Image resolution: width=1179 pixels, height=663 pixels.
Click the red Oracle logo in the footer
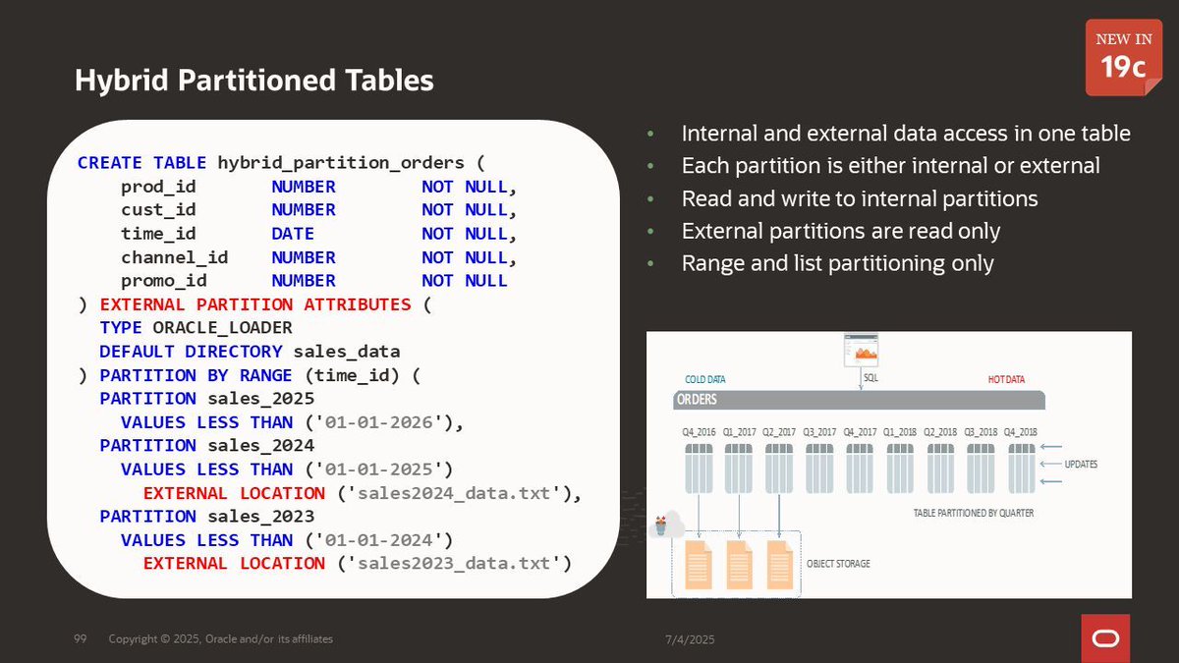tap(1105, 637)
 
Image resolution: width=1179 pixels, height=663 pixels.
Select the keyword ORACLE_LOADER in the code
tap(222, 328)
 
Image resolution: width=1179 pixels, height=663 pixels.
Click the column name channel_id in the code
tap(174, 257)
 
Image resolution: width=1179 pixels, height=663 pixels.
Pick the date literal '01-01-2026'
tap(381, 422)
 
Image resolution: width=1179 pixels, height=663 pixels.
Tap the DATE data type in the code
tap(293, 234)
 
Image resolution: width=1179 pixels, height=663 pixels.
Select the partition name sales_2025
tap(260, 399)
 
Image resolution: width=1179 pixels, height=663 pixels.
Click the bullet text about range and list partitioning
tap(837, 263)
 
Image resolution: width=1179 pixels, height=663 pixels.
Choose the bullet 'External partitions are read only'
tap(840, 231)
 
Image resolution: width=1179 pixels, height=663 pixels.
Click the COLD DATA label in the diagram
tap(704, 380)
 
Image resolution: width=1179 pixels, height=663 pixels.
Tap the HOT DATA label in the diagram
tap(1006, 380)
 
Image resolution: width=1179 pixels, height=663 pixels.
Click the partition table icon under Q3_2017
tap(819, 468)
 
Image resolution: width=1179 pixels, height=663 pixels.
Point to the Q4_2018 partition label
tap(1021, 432)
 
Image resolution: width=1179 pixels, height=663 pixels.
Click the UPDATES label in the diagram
tap(1081, 464)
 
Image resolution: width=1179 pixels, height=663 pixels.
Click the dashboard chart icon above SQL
tap(861, 351)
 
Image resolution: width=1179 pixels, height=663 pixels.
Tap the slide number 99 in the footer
tap(81, 639)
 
